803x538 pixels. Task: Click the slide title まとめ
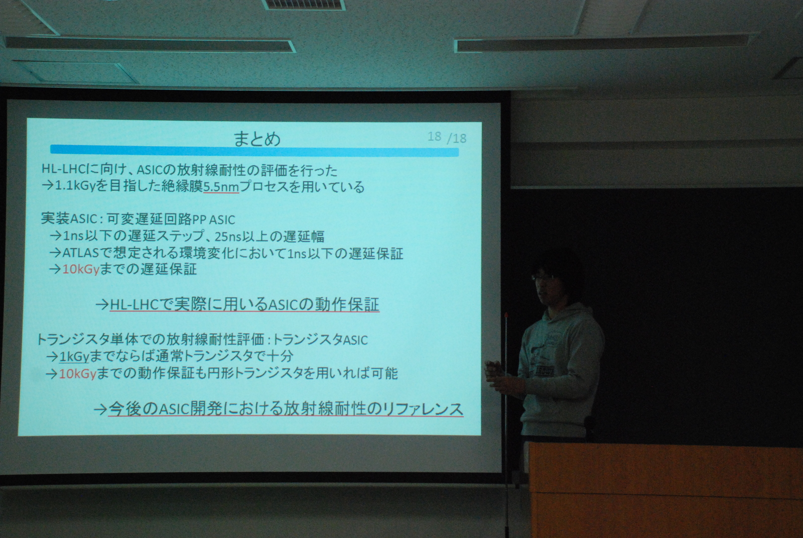point(256,139)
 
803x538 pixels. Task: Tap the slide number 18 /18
point(447,137)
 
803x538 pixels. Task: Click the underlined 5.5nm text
point(221,187)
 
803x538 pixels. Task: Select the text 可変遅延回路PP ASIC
point(171,219)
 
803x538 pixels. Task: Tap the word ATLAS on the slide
point(80,253)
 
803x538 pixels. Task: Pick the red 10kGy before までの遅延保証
point(81,270)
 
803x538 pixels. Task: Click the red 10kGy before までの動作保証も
point(77,374)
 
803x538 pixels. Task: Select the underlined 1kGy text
point(74,357)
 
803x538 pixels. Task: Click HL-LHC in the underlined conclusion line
point(134,305)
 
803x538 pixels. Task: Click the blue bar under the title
point(254,150)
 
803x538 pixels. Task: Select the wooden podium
point(665,490)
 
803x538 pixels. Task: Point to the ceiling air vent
point(303,5)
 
